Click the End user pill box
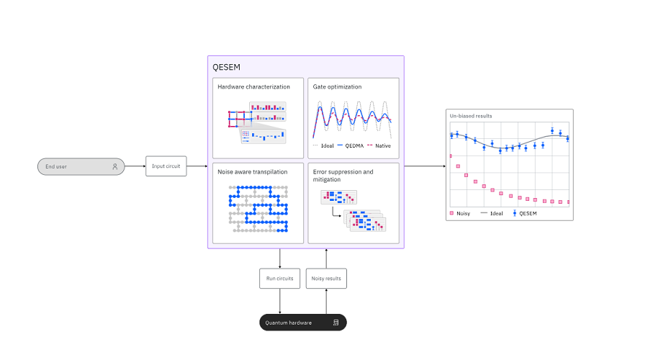(x=81, y=166)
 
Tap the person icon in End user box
(x=115, y=166)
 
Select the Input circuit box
(x=166, y=166)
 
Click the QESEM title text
(x=227, y=68)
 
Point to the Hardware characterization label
(x=253, y=87)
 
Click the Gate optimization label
(x=337, y=87)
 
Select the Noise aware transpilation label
(x=253, y=172)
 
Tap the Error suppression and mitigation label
(x=343, y=176)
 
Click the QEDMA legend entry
(x=351, y=145)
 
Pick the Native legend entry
(x=379, y=145)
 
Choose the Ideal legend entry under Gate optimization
(x=323, y=145)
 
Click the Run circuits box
(x=280, y=279)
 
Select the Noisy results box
(x=326, y=279)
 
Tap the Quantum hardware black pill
(x=303, y=323)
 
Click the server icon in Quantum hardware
(x=336, y=323)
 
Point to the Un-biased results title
(x=471, y=116)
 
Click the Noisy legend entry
(x=460, y=213)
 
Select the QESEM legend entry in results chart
(x=525, y=213)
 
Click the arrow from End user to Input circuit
(x=135, y=166)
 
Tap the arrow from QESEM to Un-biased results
(x=426, y=166)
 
